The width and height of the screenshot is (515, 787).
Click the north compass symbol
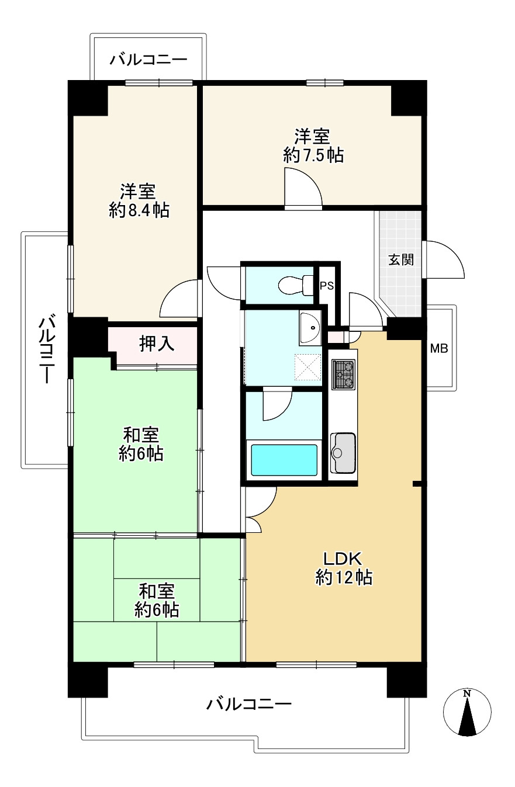(466, 713)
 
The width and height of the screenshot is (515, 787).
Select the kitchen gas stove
(344, 375)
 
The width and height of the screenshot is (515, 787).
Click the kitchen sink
(343, 452)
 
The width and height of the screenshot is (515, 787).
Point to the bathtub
(284, 460)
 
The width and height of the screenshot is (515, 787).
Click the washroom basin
(310, 328)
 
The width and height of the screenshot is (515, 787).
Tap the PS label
(326, 286)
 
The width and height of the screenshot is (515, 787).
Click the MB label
(439, 349)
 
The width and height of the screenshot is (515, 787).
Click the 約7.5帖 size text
(313, 156)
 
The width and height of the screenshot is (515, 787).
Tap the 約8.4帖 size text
(139, 210)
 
